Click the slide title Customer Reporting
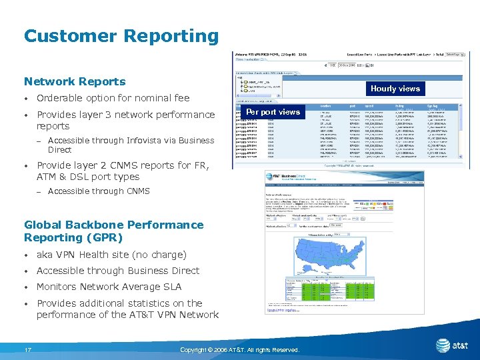[121, 36]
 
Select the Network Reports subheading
[75, 82]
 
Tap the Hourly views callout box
[395, 88]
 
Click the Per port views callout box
[273, 112]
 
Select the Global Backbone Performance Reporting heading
[113, 231]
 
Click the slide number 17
[28, 350]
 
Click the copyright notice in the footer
[239, 350]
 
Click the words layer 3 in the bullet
[109, 115]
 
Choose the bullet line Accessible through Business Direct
[117, 271]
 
